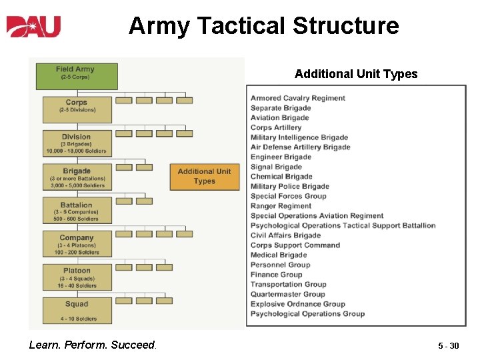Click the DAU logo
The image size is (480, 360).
[34, 26]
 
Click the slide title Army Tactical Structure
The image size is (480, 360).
[263, 26]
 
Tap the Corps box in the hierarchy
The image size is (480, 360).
[77, 109]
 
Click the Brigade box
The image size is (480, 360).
[77, 177]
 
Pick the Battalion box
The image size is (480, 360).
[77, 211]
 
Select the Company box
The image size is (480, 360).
[77, 244]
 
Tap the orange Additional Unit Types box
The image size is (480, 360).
[204, 177]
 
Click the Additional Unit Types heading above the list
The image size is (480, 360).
[356, 74]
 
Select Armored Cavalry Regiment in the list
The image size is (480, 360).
[298, 98]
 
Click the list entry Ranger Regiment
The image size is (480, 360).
[281, 206]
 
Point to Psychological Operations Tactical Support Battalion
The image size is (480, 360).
[343, 225]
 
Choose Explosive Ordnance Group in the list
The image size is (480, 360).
[297, 304]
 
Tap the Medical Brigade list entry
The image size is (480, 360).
[278, 255]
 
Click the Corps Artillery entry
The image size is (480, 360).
[276, 127]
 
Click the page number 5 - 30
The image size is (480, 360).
[448, 346]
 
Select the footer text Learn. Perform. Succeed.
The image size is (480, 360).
[92, 345]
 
